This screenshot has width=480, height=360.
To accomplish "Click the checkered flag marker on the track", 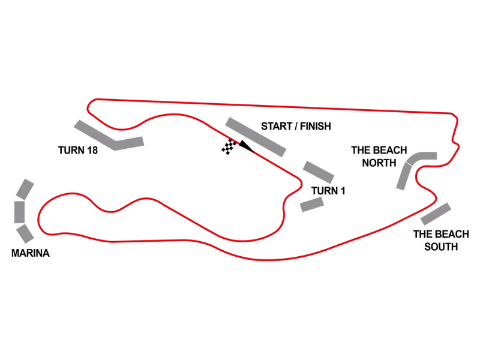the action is pyautogui.click(x=229, y=146).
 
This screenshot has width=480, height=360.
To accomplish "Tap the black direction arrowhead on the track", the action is pyautogui.click(x=246, y=146).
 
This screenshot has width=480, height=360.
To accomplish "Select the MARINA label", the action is pyautogui.click(x=31, y=253).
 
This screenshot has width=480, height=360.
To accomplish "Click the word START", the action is pyautogui.click(x=277, y=126).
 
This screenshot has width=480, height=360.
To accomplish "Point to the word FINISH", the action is pyautogui.click(x=316, y=126).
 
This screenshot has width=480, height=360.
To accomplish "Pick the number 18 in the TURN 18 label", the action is pyautogui.click(x=92, y=151).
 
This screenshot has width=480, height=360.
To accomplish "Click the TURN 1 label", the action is pyautogui.click(x=328, y=191).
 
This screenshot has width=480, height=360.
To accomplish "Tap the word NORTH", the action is pyautogui.click(x=379, y=163).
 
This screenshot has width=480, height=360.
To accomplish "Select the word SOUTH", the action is pyautogui.click(x=441, y=247).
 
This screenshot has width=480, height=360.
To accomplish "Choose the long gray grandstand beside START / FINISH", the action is pyautogui.click(x=256, y=137).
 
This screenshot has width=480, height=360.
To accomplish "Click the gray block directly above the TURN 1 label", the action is pyautogui.click(x=319, y=172).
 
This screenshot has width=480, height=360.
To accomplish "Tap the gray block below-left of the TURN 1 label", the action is pyautogui.click(x=312, y=205).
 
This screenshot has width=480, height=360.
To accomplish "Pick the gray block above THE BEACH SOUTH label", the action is pyautogui.click(x=436, y=214).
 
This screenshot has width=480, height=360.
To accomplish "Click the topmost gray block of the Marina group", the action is pyautogui.click(x=25, y=190).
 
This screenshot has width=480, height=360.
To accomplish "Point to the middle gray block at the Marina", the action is pyautogui.click(x=20, y=212).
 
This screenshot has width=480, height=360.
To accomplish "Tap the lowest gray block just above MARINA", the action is pyautogui.click(x=25, y=233).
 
